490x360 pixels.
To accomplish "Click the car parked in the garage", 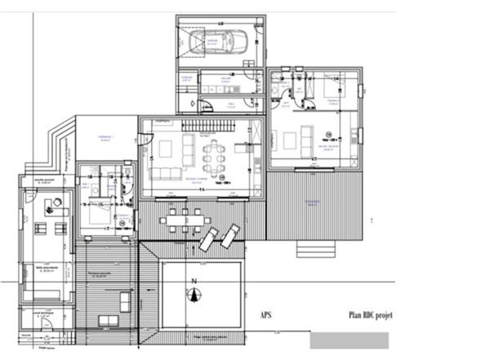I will click(x=216, y=41).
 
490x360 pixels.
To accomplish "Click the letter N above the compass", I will click(x=194, y=282).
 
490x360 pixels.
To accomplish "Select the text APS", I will click(x=267, y=315).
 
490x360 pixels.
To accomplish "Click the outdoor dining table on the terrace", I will click(x=185, y=217).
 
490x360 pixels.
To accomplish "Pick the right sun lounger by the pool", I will click(x=230, y=236).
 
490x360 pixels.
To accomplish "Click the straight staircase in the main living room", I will click(x=208, y=124).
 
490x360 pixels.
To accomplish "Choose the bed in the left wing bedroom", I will click(x=100, y=214).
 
